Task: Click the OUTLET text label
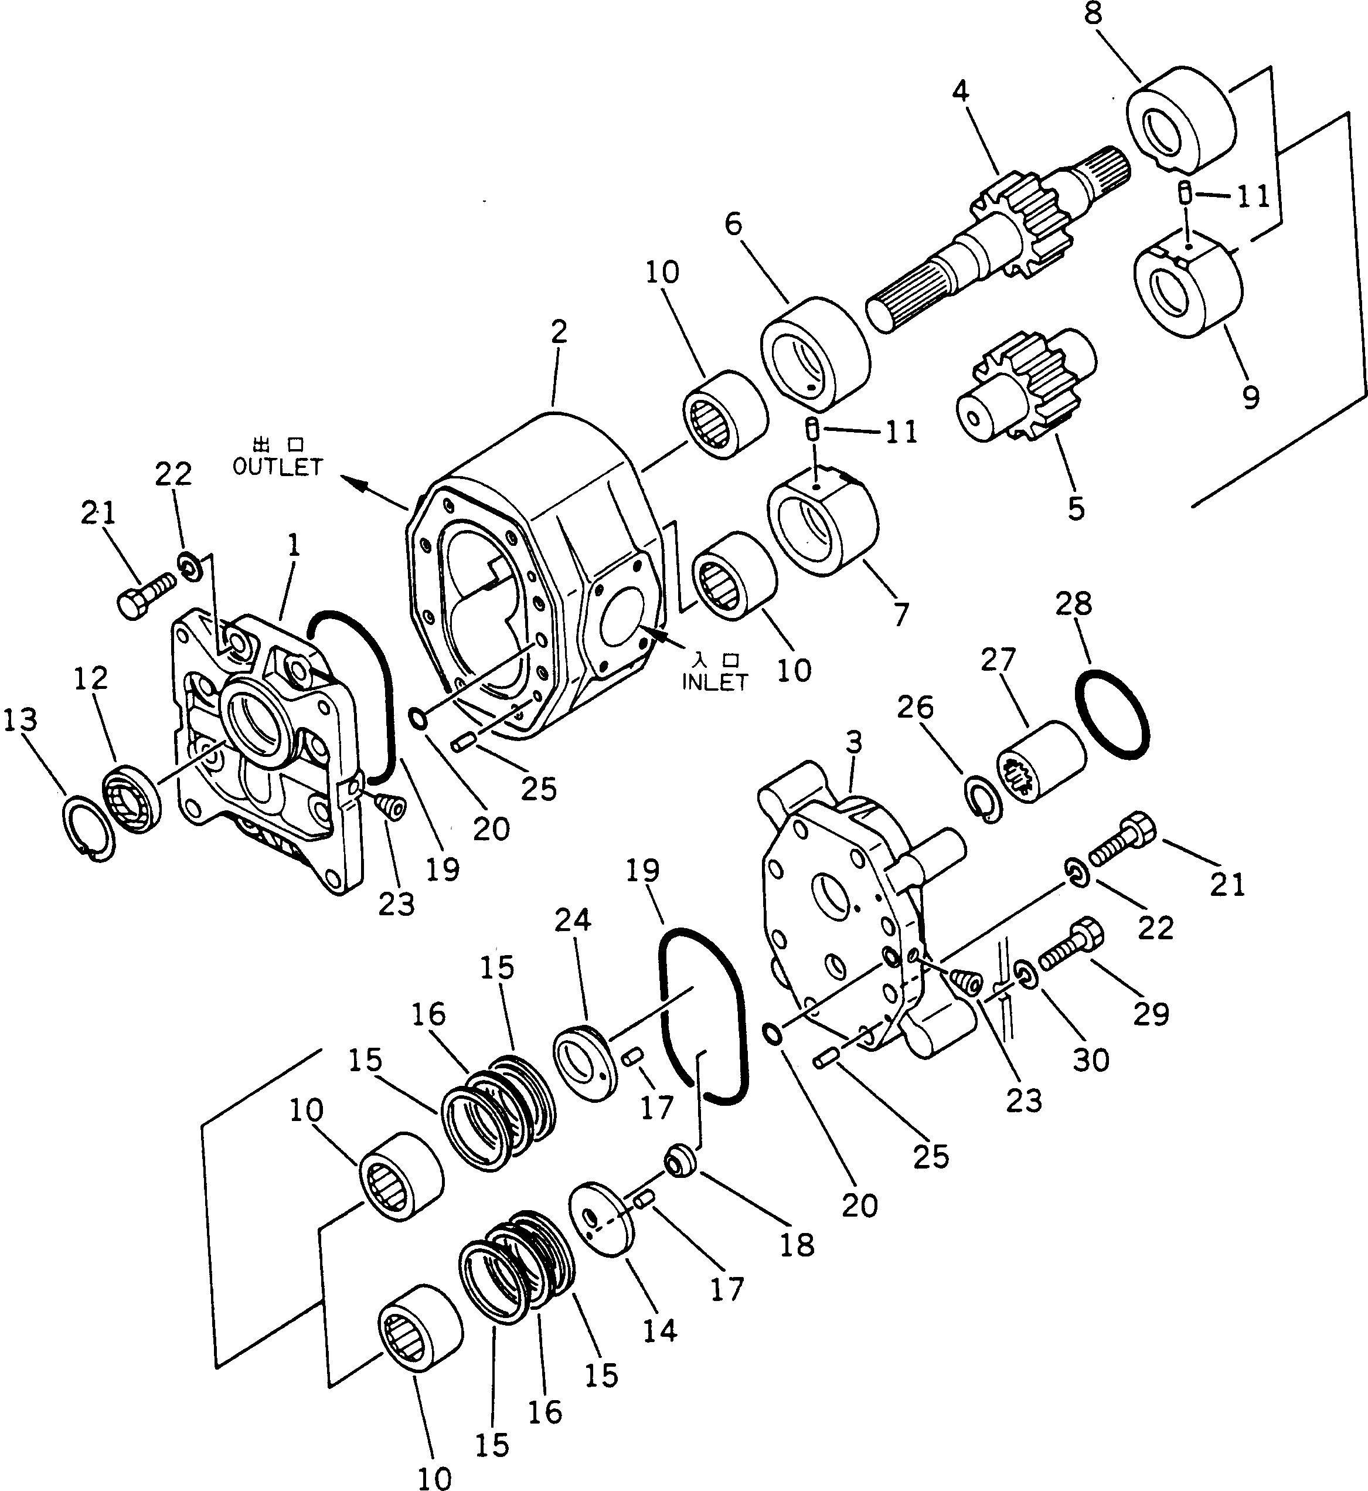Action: [278, 467]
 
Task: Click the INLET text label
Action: [714, 682]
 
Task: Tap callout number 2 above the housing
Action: [559, 332]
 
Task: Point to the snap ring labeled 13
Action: [88, 828]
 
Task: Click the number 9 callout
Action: [1250, 398]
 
